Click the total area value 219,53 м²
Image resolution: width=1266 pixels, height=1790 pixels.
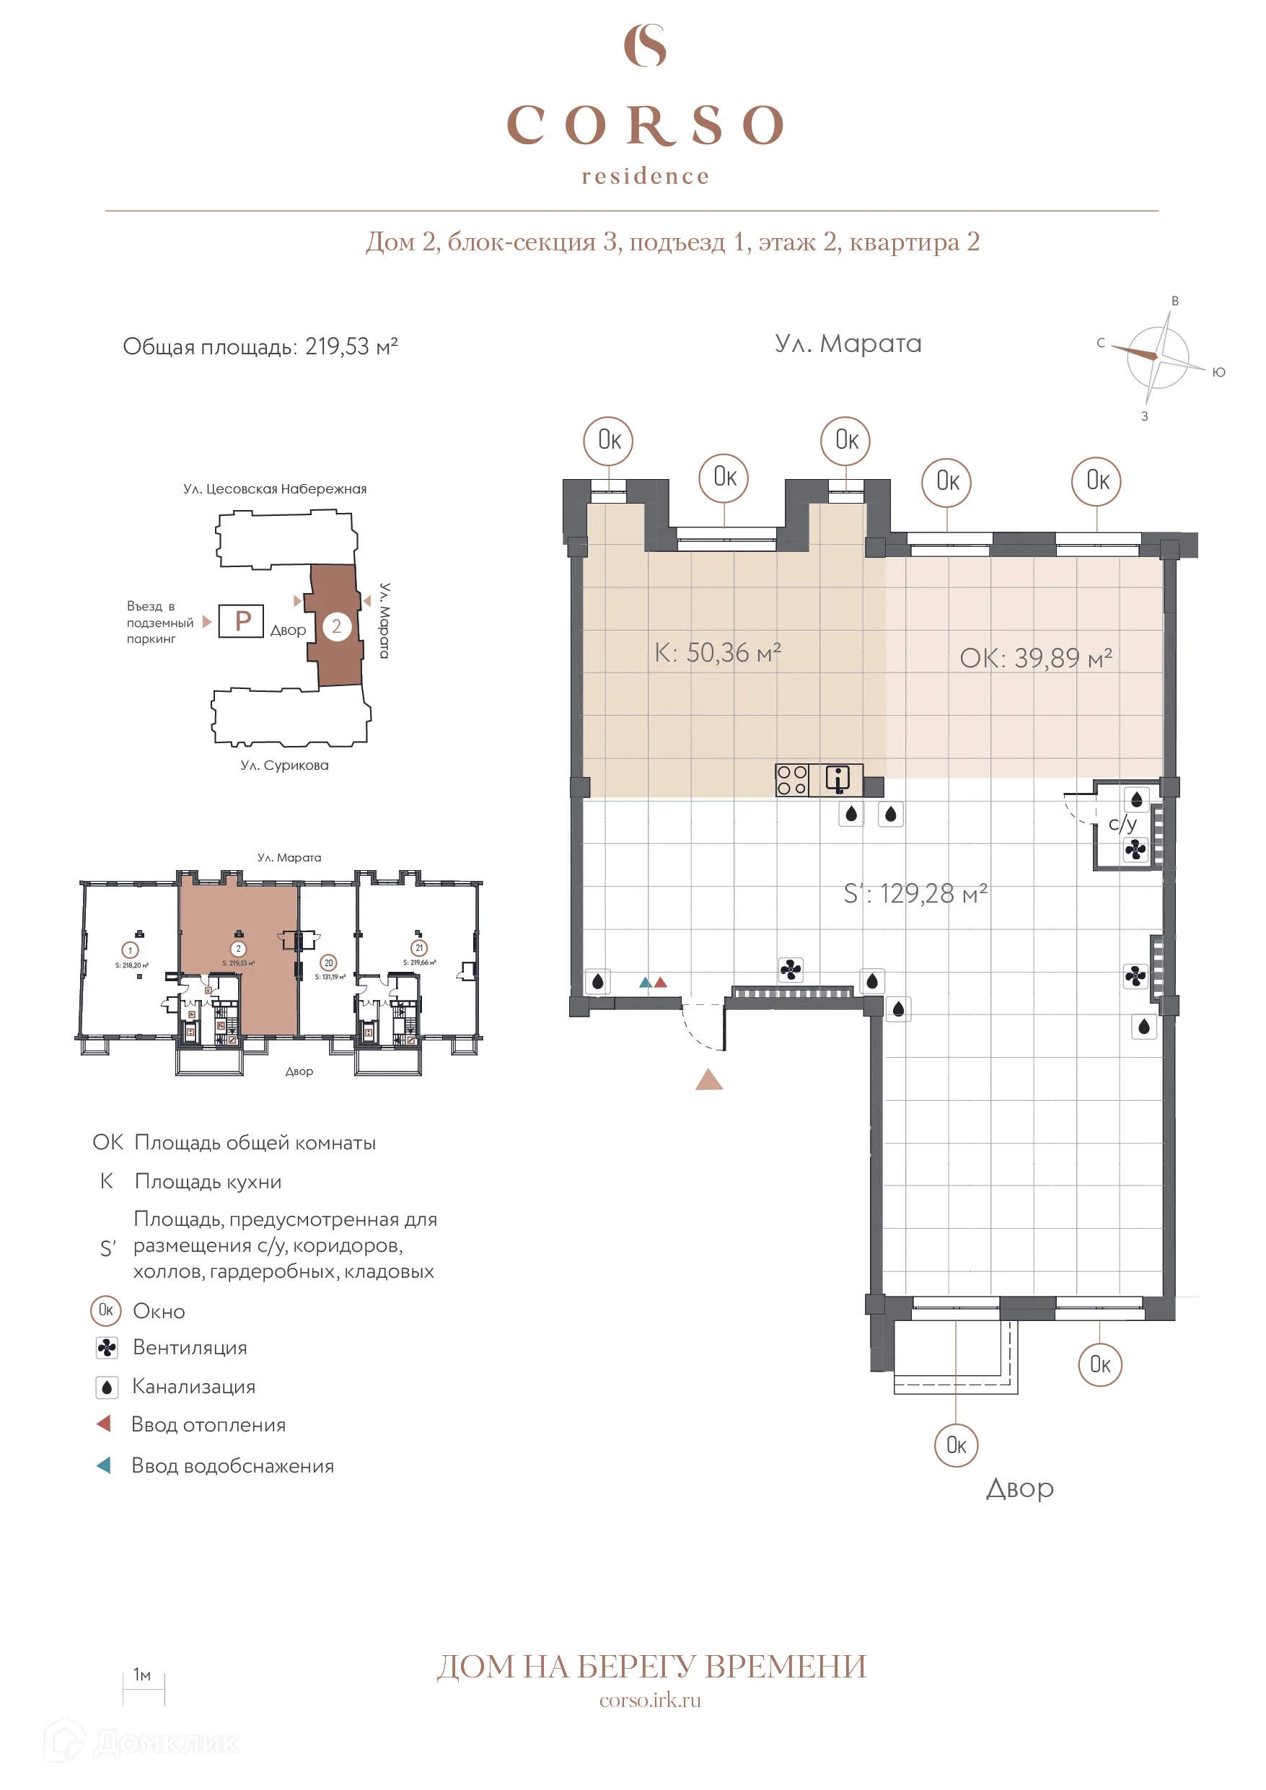[351, 346]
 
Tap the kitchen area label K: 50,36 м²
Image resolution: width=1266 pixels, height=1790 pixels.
[717, 652]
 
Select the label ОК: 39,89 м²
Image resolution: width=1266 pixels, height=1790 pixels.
[1035, 658]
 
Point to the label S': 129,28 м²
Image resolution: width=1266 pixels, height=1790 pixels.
[915, 893]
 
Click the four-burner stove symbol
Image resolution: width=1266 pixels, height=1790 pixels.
[791, 780]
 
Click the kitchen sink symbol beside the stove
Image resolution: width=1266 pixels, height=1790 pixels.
[838, 780]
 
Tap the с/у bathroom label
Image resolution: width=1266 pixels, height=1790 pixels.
[1122, 824]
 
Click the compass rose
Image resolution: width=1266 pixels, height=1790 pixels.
[1158, 358]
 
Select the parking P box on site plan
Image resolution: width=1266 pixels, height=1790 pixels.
[241, 621]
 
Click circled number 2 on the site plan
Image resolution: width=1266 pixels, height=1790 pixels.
[337, 626]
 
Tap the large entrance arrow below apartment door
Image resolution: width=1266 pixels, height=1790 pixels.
[708, 1080]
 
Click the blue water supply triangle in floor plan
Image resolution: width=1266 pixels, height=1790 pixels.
[646, 983]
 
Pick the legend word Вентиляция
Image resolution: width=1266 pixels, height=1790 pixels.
[190, 1348]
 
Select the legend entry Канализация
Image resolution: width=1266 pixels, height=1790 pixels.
[193, 1387]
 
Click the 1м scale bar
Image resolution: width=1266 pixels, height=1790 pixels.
[144, 1689]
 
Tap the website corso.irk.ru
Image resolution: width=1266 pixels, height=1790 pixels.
[649, 1701]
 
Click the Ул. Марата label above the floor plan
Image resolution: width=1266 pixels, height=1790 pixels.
[848, 344]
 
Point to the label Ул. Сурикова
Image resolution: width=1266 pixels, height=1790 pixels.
[284, 765]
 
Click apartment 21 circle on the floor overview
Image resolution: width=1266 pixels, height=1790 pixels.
[419, 948]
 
